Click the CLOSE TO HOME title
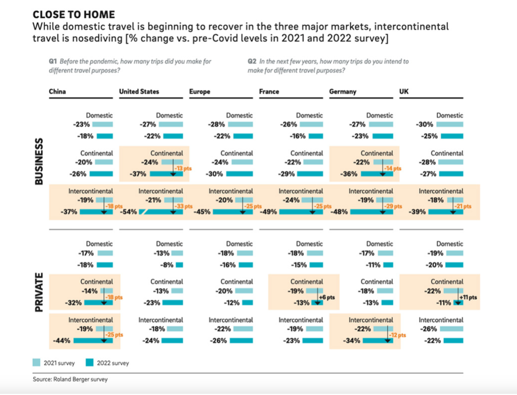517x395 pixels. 74,14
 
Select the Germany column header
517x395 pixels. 343,91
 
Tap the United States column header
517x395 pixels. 139,91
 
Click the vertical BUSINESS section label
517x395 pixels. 39,161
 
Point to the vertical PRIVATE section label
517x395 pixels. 39,292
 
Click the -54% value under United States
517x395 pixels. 128,212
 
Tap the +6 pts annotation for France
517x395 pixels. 327,297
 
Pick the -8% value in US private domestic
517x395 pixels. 167,265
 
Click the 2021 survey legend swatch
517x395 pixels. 36,362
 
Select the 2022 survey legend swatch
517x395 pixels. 90,362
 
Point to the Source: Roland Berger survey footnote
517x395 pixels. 70,379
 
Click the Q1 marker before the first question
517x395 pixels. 53,61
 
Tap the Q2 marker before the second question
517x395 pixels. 252,61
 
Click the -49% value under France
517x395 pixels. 269,212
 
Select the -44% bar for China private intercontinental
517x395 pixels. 93,341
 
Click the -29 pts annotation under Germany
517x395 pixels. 393,206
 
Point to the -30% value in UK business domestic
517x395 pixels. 424,124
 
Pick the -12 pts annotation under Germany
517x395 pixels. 397,335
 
